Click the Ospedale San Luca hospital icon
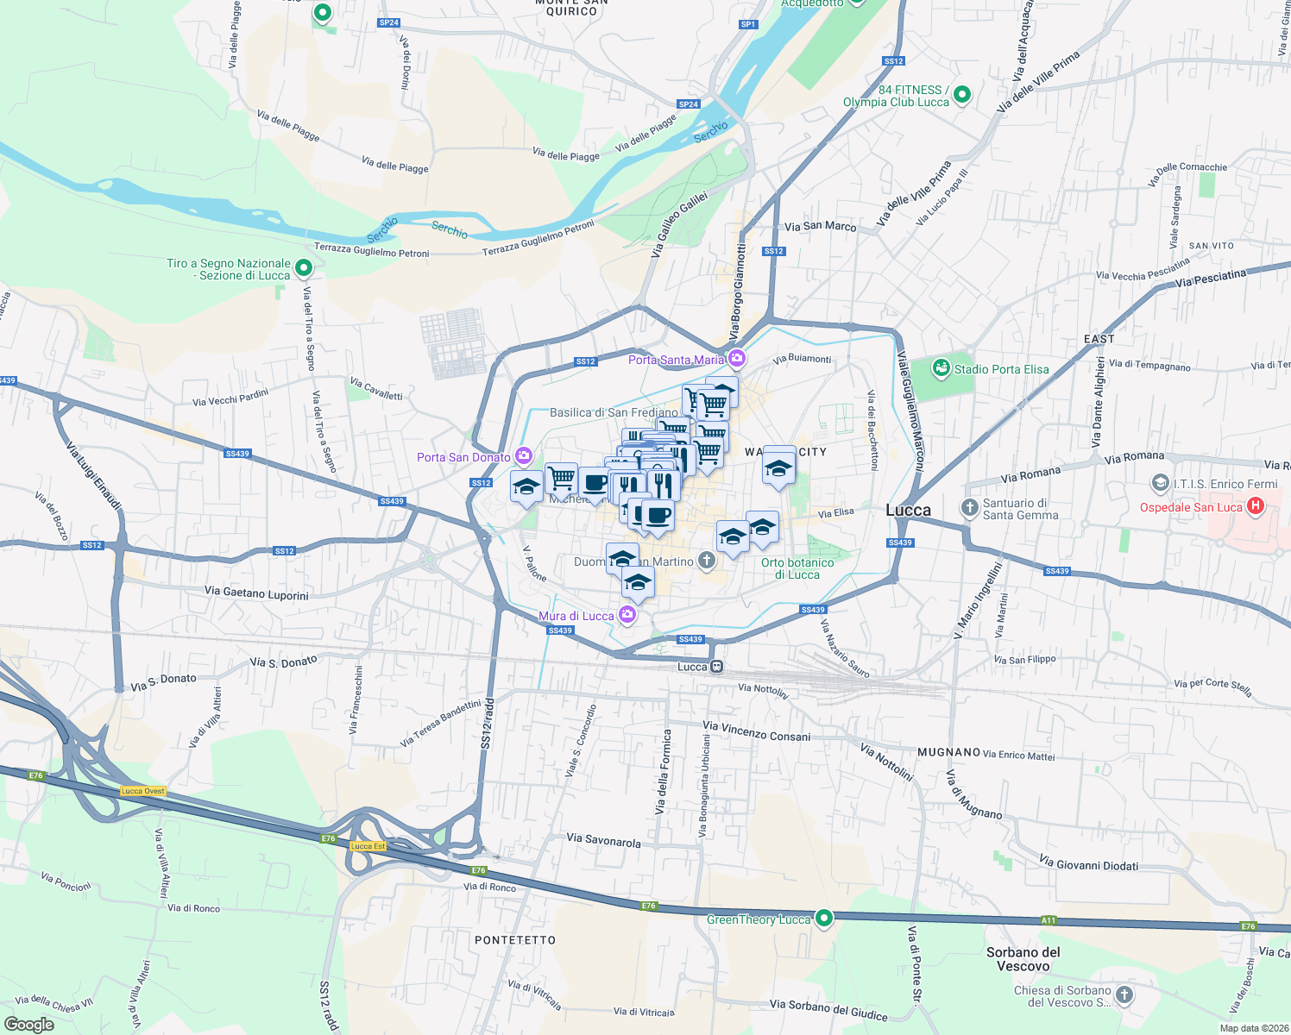(x=1256, y=507)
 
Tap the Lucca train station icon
(x=716, y=667)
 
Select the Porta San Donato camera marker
(x=524, y=456)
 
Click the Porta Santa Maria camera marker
(x=736, y=359)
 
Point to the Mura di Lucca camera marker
(x=627, y=615)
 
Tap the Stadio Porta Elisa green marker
(x=941, y=369)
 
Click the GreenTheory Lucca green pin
(x=824, y=919)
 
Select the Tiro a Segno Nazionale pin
(x=303, y=268)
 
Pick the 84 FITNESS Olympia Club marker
(x=962, y=94)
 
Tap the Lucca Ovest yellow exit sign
(x=143, y=791)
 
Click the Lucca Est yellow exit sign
(x=368, y=846)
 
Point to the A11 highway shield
(x=1048, y=920)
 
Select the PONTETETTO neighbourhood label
(x=515, y=940)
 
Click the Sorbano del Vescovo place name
(x=1023, y=959)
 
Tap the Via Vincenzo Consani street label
(x=757, y=731)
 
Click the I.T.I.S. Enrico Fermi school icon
(x=1161, y=483)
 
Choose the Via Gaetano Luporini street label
(x=256, y=593)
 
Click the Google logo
(x=29, y=1025)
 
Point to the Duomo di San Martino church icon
(x=707, y=561)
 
